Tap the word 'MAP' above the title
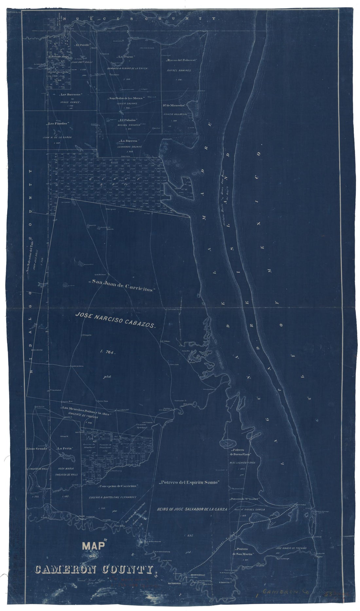[93, 546]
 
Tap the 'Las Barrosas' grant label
[70, 95]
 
